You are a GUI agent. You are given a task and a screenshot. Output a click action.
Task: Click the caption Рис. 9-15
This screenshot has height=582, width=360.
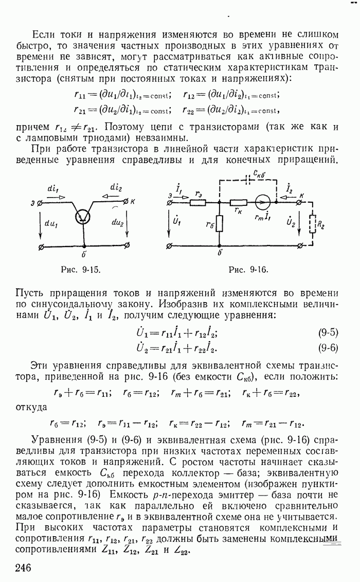[79, 269]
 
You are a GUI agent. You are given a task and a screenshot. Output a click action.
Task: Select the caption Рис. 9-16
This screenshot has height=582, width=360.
[248, 269]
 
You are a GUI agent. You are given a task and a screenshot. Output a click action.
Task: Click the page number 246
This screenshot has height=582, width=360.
[24, 568]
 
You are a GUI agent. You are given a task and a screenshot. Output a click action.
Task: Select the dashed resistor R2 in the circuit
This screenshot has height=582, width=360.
[311, 224]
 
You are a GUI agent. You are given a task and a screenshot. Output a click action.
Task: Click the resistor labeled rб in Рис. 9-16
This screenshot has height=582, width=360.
[220, 224]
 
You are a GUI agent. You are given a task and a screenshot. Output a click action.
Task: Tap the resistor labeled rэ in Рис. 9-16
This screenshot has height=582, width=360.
[197, 202]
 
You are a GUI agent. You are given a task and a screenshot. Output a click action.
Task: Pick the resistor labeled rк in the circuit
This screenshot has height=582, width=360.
[238, 202]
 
